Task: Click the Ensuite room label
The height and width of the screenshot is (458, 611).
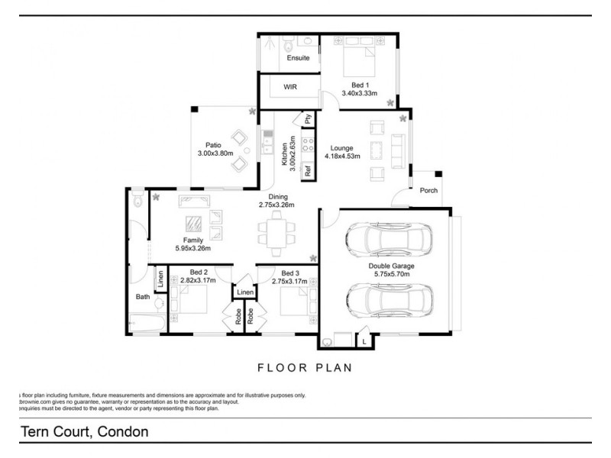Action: pyautogui.click(x=298, y=58)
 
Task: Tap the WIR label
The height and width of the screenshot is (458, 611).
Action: pyautogui.click(x=290, y=87)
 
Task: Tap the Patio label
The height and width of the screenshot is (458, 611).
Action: pyautogui.click(x=213, y=144)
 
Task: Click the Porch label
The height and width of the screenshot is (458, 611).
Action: pyautogui.click(x=428, y=191)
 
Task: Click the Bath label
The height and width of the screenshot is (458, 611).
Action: pyautogui.click(x=143, y=296)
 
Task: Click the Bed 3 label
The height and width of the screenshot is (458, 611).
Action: pyautogui.click(x=290, y=273)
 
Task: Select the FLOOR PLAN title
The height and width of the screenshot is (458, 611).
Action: pyautogui.click(x=305, y=367)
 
